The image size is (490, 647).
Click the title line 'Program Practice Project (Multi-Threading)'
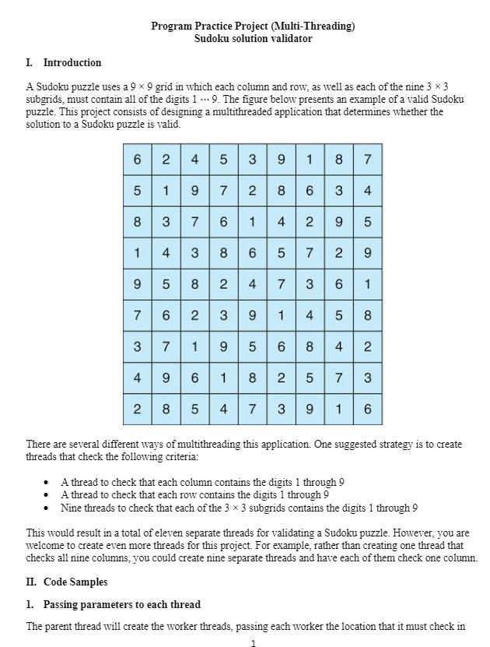coord(253,26)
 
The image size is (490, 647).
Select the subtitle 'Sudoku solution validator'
coord(253,38)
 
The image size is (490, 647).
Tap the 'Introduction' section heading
coord(72,62)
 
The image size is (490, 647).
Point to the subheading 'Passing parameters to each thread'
coord(121,604)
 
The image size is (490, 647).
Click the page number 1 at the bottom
coord(254,642)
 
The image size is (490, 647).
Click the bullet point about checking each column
coord(203,482)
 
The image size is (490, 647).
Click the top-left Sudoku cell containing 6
coord(137,160)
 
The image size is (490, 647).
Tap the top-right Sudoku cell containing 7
coord(367,160)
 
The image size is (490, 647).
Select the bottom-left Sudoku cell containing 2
coord(137,409)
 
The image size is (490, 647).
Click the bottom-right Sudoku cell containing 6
coord(367,409)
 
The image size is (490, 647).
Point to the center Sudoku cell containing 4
coord(252,284)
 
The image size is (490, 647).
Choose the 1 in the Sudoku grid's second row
coord(166,191)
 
